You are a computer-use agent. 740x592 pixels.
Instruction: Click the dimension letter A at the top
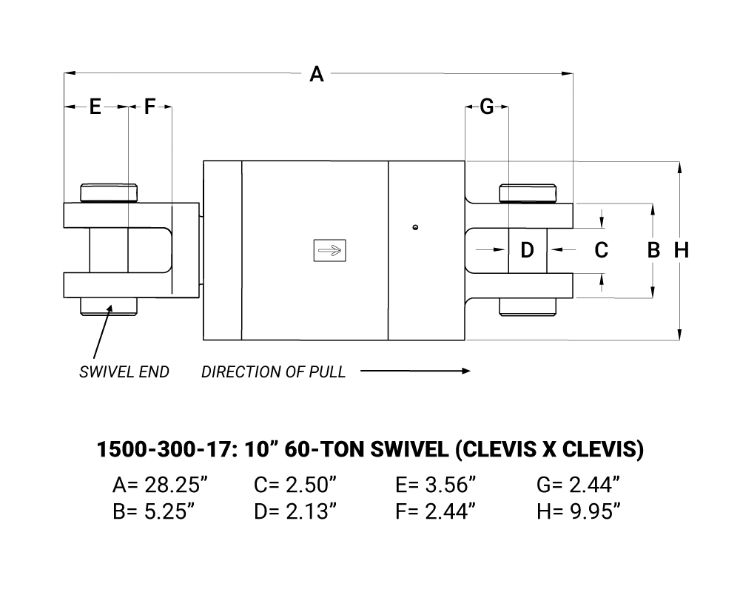pos(317,74)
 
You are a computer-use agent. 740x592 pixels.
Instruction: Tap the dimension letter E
pos(95,107)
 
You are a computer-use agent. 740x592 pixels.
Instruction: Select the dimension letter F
pos(149,107)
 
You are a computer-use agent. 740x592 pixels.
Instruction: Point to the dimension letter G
pos(487,107)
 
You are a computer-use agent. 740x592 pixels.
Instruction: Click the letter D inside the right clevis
pos(527,249)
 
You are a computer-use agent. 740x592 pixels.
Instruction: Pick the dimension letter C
pos(601,250)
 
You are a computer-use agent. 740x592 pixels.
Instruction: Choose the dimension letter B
pos(653,250)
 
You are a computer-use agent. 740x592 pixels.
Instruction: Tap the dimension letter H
pos(682,250)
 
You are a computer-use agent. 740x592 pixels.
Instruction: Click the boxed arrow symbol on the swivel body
pos(330,250)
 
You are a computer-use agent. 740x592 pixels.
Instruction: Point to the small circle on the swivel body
pos(415,227)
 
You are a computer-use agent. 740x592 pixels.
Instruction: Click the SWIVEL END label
pos(124,372)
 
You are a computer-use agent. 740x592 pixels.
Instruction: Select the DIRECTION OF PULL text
pos(274,372)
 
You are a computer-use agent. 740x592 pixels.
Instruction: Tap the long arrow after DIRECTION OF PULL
pos(415,371)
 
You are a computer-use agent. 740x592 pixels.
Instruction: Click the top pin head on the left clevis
pos(109,193)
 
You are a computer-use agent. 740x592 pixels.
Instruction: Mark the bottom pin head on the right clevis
pos(528,307)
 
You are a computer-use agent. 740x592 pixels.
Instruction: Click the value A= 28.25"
pos(160,485)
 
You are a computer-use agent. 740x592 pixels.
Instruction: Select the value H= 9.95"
pos(579,511)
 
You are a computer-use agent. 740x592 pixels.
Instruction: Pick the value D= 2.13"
pos(295,511)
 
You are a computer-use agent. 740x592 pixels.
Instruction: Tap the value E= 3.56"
pos(436,485)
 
